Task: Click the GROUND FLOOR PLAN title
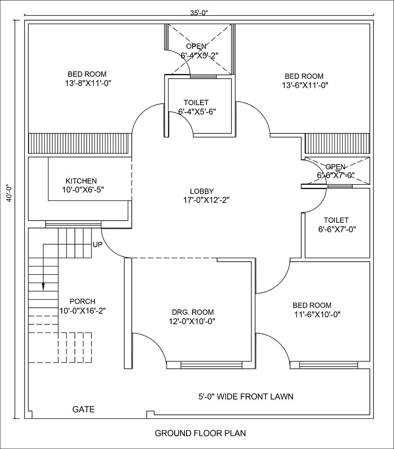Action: [x=200, y=433]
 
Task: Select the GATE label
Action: [x=83, y=410]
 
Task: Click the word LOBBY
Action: [x=201, y=191]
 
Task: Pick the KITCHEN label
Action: [x=81, y=181]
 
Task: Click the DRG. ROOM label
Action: [x=193, y=312]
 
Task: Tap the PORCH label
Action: [x=82, y=301]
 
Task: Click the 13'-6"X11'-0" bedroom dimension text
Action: [x=305, y=85]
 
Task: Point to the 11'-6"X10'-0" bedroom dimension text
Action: [x=317, y=314]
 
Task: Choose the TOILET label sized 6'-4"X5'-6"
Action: [x=197, y=102]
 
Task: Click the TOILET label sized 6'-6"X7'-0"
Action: [x=336, y=220]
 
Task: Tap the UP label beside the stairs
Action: [x=97, y=245]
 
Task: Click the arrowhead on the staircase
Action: [x=43, y=286]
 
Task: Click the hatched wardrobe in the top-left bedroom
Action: [x=80, y=143]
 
